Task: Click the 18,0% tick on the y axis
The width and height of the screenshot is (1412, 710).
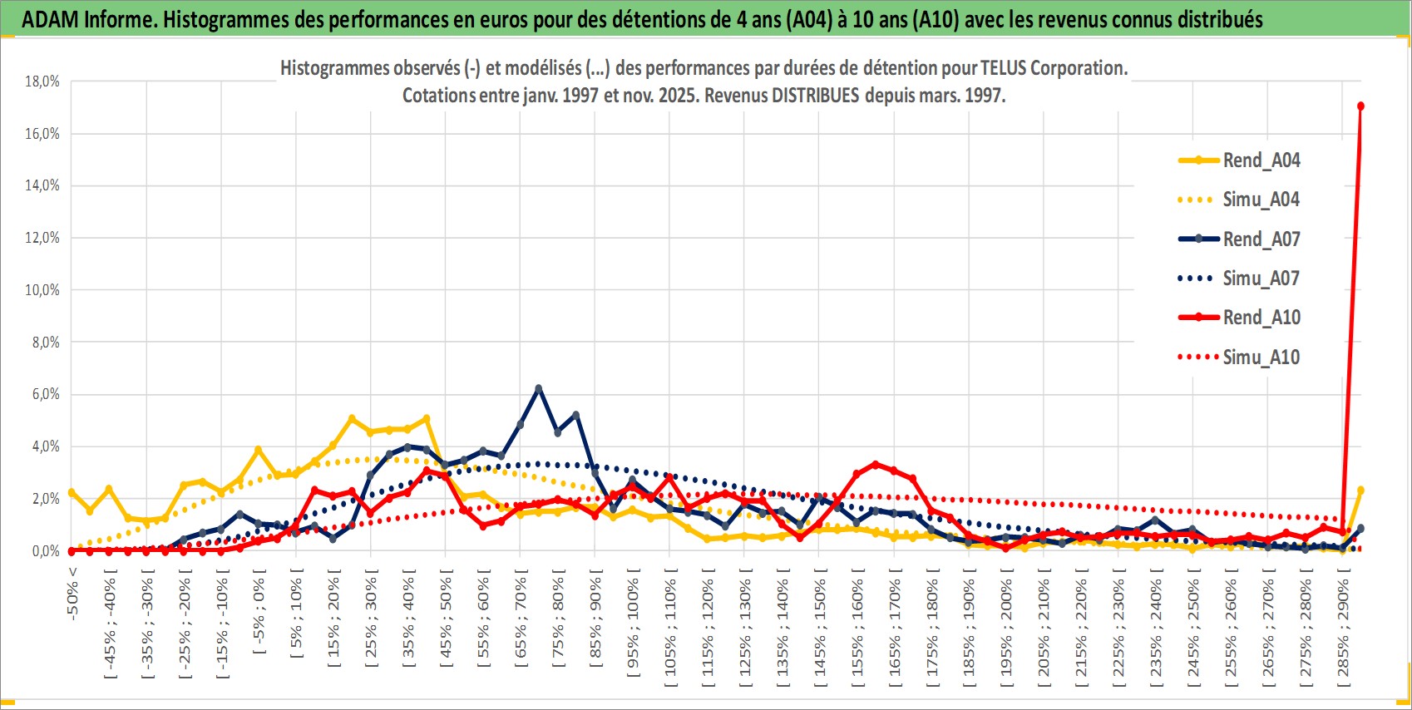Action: [x=42, y=81]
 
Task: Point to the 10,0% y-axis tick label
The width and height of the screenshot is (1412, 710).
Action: [x=42, y=290]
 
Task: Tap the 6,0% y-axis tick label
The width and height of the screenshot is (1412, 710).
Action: [x=46, y=394]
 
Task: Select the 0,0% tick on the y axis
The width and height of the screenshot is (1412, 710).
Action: [x=46, y=551]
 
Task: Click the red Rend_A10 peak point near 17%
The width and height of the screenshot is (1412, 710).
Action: [x=1360, y=106]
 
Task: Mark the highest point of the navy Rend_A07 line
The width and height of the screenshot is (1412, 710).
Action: [x=539, y=388]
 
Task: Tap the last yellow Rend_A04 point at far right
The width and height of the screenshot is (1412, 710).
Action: [x=1360, y=491]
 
